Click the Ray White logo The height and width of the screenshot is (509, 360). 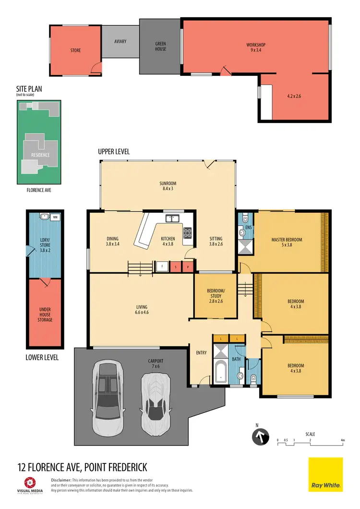tap(325, 474)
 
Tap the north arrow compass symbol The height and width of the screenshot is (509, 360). tap(260, 437)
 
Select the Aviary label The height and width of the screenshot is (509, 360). tap(120, 41)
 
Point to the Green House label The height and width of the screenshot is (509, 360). tap(160, 47)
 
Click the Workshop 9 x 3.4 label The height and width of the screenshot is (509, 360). tap(256, 47)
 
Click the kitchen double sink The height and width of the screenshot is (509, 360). tap(172, 219)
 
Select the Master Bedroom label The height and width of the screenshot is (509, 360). tap(287, 242)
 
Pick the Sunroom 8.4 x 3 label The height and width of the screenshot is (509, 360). tap(168, 186)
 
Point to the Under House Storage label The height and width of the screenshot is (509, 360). tap(45, 315)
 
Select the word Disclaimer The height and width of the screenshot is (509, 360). tap(60, 480)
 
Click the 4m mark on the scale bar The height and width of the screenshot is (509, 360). tap(342, 439)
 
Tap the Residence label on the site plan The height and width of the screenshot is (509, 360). tap(40, 155)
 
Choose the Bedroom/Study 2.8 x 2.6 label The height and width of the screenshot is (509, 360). tap(215, 296)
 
